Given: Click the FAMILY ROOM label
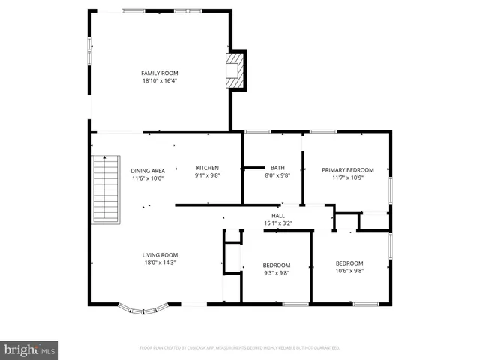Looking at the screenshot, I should click(x=159, y=73).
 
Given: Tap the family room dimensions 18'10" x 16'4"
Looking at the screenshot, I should click(x=159, y=80).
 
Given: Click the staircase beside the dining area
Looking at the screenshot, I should click(x=106, y=189).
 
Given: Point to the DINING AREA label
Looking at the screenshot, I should click(x=148, y=170).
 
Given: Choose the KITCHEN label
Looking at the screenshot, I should click(x=207, y=168).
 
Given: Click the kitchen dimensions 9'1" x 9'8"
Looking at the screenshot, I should click(x=207, y=176).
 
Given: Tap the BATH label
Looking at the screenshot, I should click(x=277, y=168).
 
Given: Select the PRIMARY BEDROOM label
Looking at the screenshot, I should click(x=348, y=170).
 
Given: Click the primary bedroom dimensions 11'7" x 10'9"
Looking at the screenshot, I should click(x=348, y=178).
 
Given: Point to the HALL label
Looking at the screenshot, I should click(x=277, y=215).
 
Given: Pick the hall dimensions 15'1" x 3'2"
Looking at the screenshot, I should click(x=277, y=223).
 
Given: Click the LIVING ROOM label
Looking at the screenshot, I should click(x=160, y=255).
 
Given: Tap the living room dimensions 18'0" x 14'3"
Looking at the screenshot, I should click(x=160, y=262).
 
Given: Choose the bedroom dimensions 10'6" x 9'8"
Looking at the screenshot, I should click(x=349, y=271).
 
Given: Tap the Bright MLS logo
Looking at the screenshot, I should click(x=30, y=349).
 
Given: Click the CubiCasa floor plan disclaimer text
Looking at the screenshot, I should click(x=240, y=347).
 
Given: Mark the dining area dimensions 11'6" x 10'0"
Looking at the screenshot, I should click(x=148, y=178).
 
